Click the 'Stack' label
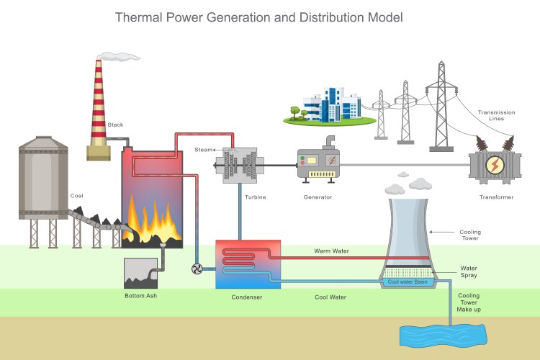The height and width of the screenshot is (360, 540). pyautogui.click(x=115, y=125)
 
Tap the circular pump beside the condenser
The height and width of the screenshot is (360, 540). pyautogui.click(x=197, y=269)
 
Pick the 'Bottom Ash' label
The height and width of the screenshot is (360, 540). pyautogui.click(x=141, y=297)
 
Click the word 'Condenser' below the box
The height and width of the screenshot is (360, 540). pyautogui.click(x=247, y=297)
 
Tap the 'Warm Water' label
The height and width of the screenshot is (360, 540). pyautogui.click(x=330, y=251)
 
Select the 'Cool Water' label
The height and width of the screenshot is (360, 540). pyautogui.click(x=331, y=297)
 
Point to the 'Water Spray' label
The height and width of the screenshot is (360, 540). pyautogui.click(x=469, y=271)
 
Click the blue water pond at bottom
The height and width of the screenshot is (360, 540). pyautogui.click(x=443, y=335)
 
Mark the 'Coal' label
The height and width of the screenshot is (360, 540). pyautogui.click(x=76, y=196)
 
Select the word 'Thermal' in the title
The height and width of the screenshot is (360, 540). pyautogui.click(x=141, y=16)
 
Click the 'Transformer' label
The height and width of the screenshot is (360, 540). pyautogui.click(x=496, y=197)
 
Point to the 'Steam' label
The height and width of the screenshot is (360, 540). pyautogui.click(x=204, y=149)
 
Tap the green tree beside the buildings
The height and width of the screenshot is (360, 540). pyautogui.click(x=295, y=112)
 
